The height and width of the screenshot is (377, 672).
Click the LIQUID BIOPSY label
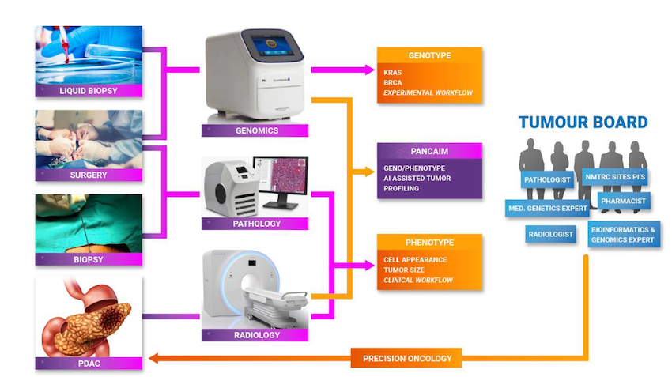pos(89,91)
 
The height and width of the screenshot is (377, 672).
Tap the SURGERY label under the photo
pos(89,175)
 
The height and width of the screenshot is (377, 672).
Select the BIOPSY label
pos(89,258)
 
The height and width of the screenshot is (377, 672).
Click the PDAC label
pos(89,364)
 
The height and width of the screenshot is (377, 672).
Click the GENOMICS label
pos(257,130)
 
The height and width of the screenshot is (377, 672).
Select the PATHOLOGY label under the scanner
pos(257,224)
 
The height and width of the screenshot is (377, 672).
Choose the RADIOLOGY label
pos(257,335)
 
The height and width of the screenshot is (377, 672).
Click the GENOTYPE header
pos(429,57)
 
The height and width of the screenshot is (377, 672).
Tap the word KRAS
pos(393,71)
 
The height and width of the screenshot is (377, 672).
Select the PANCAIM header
pos(429,150)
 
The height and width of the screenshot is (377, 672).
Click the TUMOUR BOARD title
pos(583,123)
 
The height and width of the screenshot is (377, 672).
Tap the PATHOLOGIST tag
pos(546,180)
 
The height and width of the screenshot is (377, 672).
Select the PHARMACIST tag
pos(623,202)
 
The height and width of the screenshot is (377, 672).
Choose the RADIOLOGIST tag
pos(550,234)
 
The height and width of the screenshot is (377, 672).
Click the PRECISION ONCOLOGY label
pos(407,359)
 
